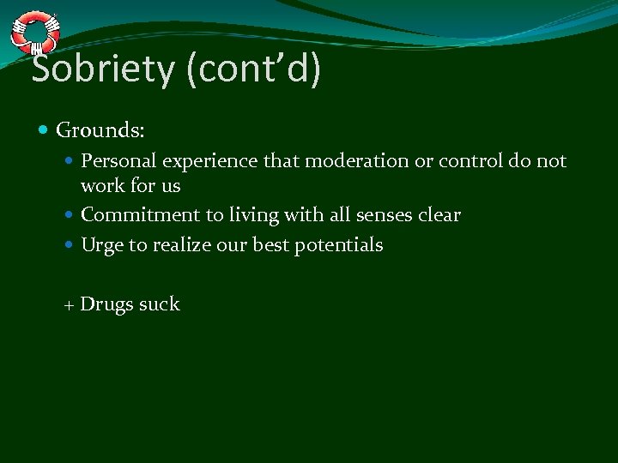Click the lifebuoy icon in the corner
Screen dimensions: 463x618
click(x=35, y=33)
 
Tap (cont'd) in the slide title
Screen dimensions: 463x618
click(x=252, y=69)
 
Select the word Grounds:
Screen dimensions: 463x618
click(x=100, y=131)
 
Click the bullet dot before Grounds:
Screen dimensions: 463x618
click(x=44, y=131)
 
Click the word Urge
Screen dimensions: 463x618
click(x=102, y=245)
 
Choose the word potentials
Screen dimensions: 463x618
click(x=338, y=245)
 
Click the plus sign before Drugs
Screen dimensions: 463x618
click(x=70, y=305)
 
